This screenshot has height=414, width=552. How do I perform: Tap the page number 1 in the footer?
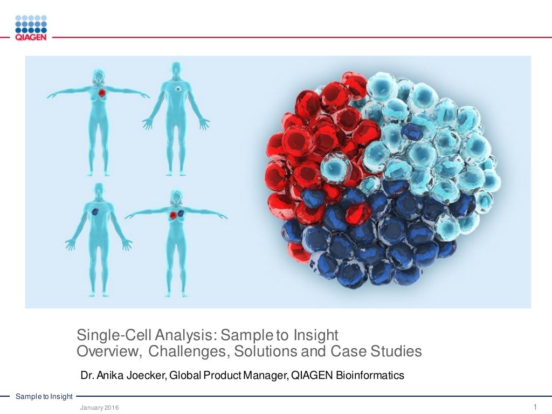(x=534, y=406)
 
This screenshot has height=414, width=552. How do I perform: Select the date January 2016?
(x=99, y=408)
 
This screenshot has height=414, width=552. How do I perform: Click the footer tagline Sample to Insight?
(x=44, y=397)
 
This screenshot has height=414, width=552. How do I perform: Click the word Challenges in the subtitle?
(x=182, y=351)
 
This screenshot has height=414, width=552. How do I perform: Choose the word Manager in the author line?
(x=265, y=375)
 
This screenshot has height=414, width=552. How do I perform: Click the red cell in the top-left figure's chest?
(x=102, y=93)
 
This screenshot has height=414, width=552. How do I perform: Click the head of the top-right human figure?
(x=176, y=68)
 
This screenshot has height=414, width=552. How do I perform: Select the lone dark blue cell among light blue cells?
(x=412, y=132)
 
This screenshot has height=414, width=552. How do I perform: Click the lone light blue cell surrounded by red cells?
(x=336, y=167)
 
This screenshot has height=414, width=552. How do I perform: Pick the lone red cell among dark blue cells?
(x=358, y=213)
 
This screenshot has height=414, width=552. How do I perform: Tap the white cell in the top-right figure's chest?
(x=177, y=87)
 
